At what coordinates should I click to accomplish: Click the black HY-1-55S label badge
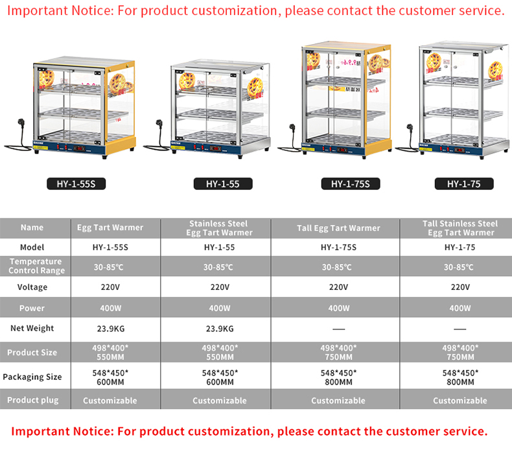pyautogui.click(x=76, y=184)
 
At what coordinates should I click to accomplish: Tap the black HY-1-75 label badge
pyautogui.click(x=464, y=184)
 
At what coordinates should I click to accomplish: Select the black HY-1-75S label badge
pyautogui.click(x=351, y=184)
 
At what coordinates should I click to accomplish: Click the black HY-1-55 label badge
pyautogui.click(x=223, y=184)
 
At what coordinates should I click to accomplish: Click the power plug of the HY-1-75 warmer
pyautogui.click(x=410, y=128)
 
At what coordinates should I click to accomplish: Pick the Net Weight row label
pyautogui.click(x=32, y=328)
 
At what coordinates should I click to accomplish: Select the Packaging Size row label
pyautogui.click(x=32, y=377)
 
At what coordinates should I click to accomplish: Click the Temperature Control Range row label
pyautogui.click(x=36, y=266)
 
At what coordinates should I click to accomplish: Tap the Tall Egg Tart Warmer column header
pyautogui.click(x=338, y=228)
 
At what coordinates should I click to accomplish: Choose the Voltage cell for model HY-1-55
pyautogui.click(x=220, y=287)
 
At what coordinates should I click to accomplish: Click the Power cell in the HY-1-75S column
pyautogui.click(x=338, y=308)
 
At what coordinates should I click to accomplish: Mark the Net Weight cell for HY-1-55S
pyautogui.click(x=111, y=329)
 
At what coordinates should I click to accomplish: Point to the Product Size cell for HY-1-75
pyautogui.click(x=460, y=352)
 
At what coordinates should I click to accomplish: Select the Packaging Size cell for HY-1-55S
pyautogui.click(x=110, y=377)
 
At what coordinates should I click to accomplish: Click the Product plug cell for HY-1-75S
pyautogui.click(x=338, y=400)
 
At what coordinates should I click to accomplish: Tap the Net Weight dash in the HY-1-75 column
pyautogui.click(x=460, y=329)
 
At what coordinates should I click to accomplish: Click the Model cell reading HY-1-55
pyautogui.click(x=220, y=248)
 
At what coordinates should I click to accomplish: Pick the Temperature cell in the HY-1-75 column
pyautogui.click(x=458, y=267)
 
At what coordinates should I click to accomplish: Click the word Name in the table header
pyautogui.click(x=32, y=228)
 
